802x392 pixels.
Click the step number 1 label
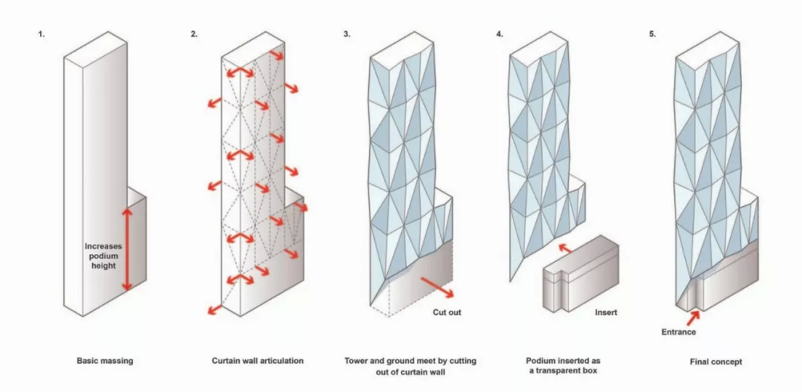42,34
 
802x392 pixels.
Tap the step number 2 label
195,34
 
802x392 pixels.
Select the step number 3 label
347,34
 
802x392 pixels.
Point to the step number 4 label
500,34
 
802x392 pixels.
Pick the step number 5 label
653,34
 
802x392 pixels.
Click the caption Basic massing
105,362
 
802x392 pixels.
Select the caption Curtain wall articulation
258,362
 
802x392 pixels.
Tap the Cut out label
447,312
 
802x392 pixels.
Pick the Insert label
606,312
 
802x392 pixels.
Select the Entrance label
678,332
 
